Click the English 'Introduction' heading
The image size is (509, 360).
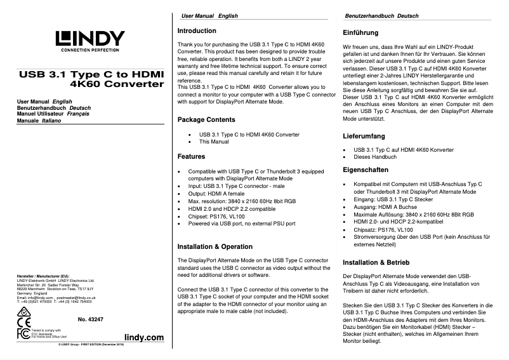coord(197,30)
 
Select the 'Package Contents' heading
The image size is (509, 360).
coord(206,119)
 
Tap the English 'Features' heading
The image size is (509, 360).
coord(191,156)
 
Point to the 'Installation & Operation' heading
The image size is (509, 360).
coord(215,246)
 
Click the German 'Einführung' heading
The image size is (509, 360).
coord(360,32)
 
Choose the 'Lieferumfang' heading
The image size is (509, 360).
coord(364,135)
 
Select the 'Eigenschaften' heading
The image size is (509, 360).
coord(366,170)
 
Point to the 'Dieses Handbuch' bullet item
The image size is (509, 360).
coord(375,157)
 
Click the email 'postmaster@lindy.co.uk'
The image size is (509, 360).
coord(79,297)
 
